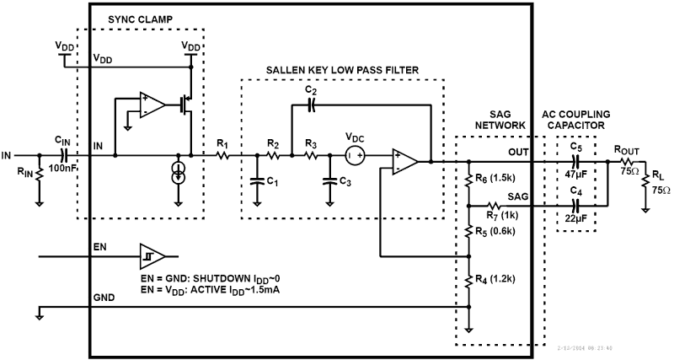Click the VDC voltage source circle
(355, 155)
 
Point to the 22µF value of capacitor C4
(576, 218)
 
